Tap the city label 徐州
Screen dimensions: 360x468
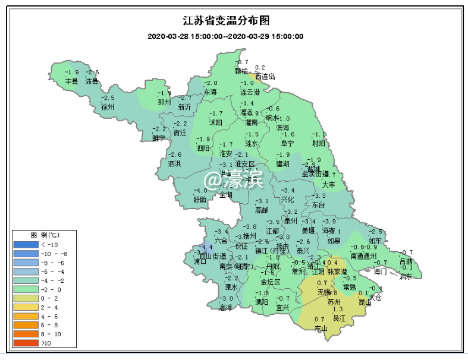tap(107, 108)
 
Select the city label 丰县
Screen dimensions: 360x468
tap(71, 81)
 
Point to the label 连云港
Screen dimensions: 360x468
tap(250, 93)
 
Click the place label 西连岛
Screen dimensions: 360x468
tap(265, 77)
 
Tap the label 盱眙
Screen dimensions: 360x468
tap(200, 200)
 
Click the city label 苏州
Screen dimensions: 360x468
tap(335, 302)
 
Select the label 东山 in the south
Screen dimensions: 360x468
tap(321, 328)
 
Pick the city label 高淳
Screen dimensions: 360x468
tap(226, 307)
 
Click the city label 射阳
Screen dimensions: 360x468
tap(319, 143)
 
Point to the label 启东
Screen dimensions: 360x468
tap(406, 276)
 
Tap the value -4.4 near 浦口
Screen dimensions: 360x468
tap(206, 247)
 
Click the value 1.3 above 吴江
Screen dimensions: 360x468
tap(338, 310)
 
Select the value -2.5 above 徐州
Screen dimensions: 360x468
tap(108, 98)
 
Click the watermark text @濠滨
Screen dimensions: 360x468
tap(234, 179)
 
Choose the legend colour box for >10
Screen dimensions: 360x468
tap(24, 343)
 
